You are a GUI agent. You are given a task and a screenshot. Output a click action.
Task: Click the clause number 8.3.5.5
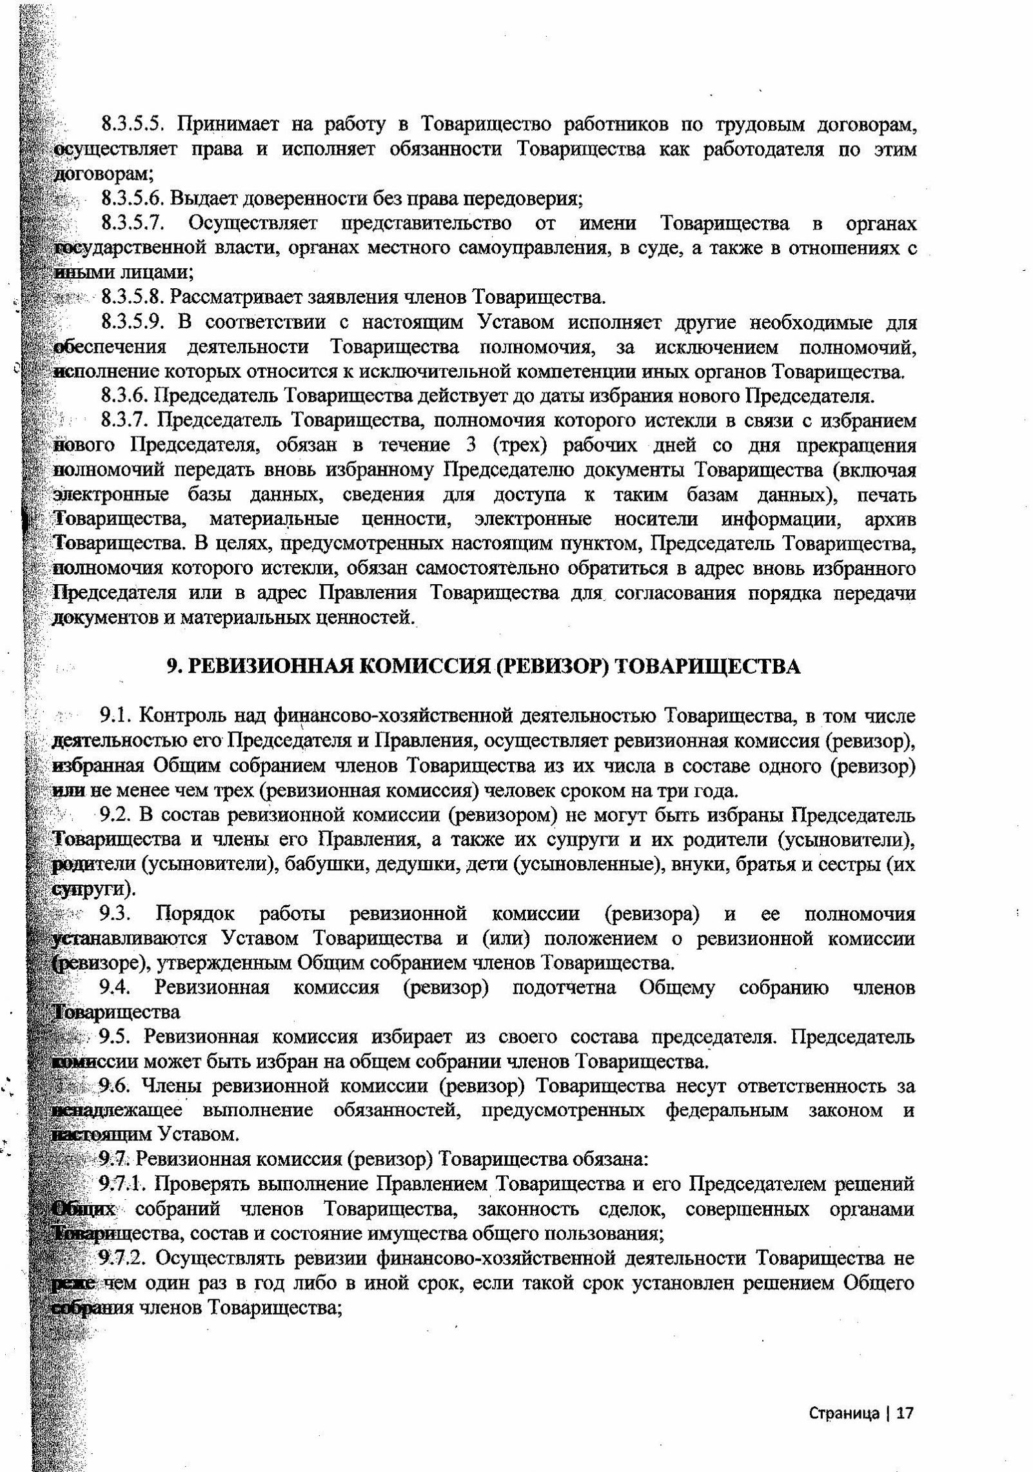click(x=133, y=124)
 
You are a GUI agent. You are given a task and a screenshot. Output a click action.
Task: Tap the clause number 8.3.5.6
click(x=133, y=199)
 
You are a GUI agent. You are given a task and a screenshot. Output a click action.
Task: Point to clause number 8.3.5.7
click(x=133, y=223)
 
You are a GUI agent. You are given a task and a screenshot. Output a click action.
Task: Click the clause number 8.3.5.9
click(x=133, y=322)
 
